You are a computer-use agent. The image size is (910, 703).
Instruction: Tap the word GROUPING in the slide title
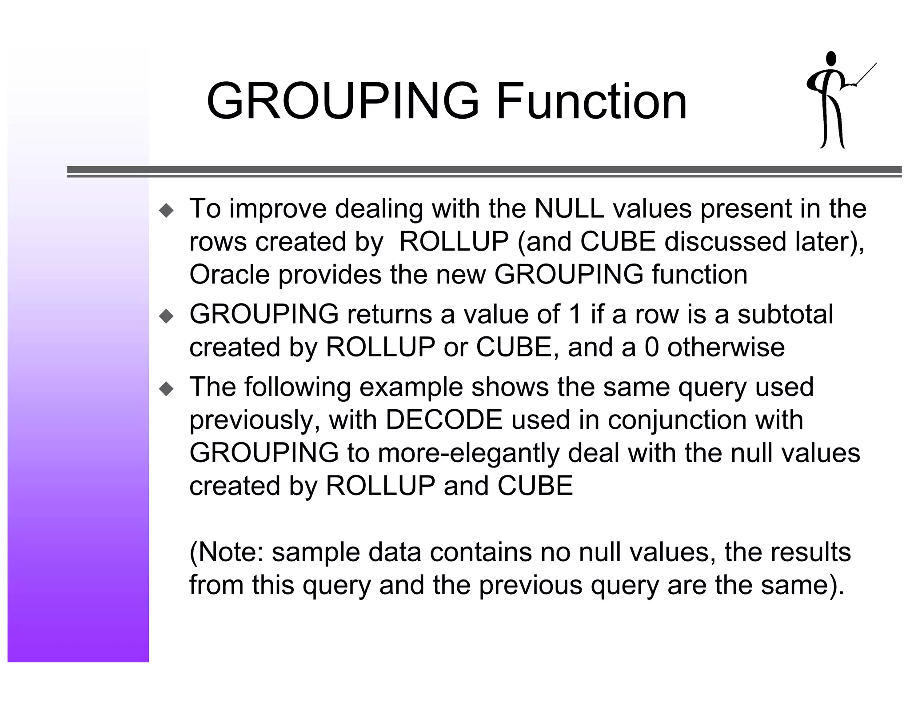[343, 101]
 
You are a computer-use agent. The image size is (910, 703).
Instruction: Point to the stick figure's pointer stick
[866, 74]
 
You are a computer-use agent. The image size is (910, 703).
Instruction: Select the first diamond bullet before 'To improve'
[167, 210]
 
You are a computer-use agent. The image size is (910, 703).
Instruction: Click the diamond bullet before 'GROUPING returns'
[167, 316]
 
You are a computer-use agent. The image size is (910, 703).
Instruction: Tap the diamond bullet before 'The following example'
[167, 389]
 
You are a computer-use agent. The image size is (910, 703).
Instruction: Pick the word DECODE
[444, 419]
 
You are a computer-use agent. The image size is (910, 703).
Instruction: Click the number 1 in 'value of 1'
[575, 314]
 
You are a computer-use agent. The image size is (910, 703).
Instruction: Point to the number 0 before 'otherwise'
[651, 347]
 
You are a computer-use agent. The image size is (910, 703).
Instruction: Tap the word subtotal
[785, 314]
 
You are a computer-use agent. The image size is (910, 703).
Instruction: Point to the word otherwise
[726, 347]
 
